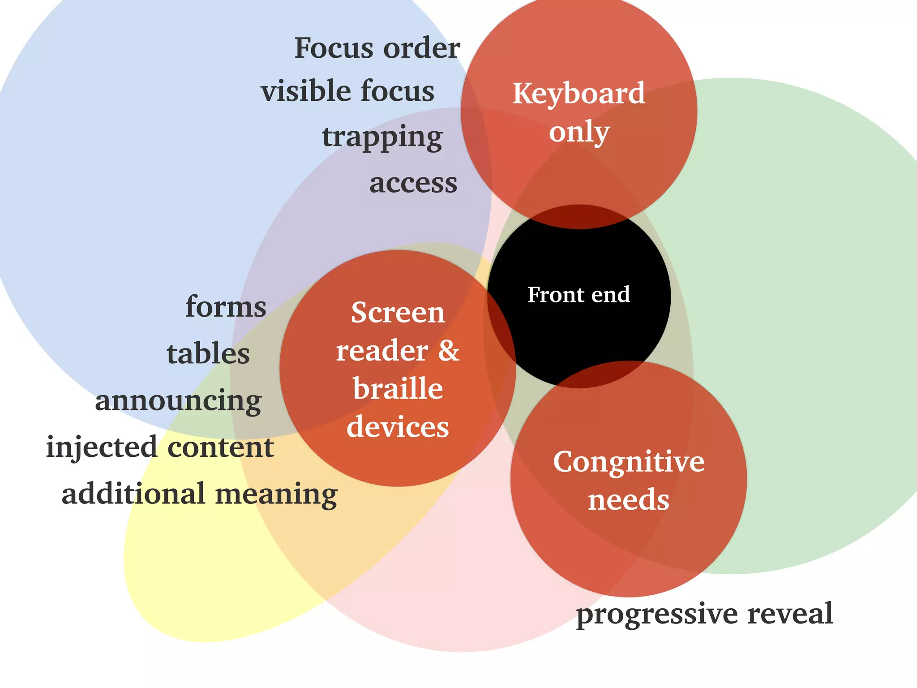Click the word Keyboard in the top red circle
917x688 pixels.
pos(578,94)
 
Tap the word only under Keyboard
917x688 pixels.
pos(579,132)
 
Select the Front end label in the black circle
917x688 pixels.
pos(578,295)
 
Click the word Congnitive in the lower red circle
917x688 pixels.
pos(629,462)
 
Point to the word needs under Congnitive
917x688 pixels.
pos(629,500)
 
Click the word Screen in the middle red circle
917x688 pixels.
pos(398,312)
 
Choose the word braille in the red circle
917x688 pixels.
pos(398,388)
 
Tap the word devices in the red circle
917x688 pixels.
pos(398,427)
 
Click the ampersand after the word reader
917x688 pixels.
pos(449,350)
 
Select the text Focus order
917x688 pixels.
pos(377,48)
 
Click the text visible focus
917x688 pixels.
pos(347,91)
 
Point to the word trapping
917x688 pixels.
pos(382,137)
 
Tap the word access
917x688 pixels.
pos(413,183)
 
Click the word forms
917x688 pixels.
pos(226,307)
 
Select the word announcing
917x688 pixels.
pos(178,401)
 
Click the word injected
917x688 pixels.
pos(102,447)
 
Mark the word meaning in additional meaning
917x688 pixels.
pos(276,494)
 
